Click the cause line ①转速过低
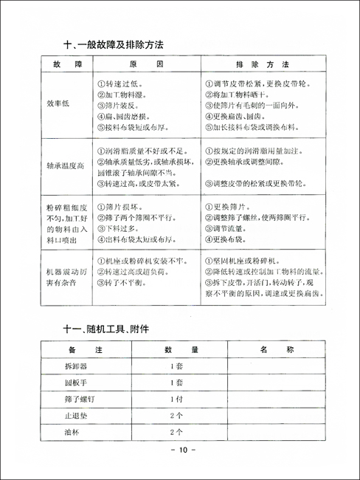122,84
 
